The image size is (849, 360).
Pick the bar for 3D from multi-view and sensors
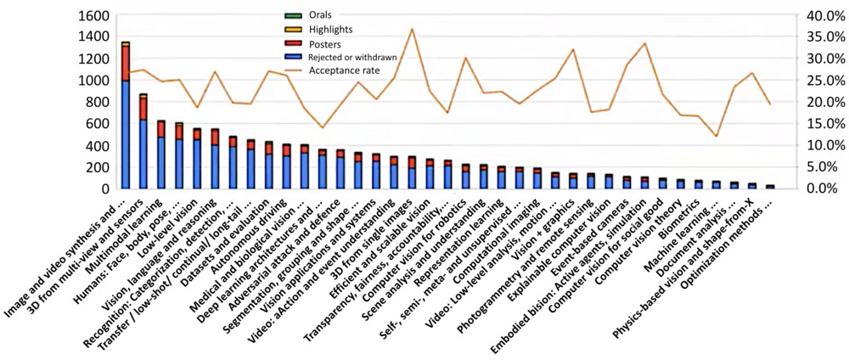[143, 144]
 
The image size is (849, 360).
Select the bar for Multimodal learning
[161, 157]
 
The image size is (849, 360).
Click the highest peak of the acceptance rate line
[412, 29]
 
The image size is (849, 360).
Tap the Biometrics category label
[683, 216]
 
